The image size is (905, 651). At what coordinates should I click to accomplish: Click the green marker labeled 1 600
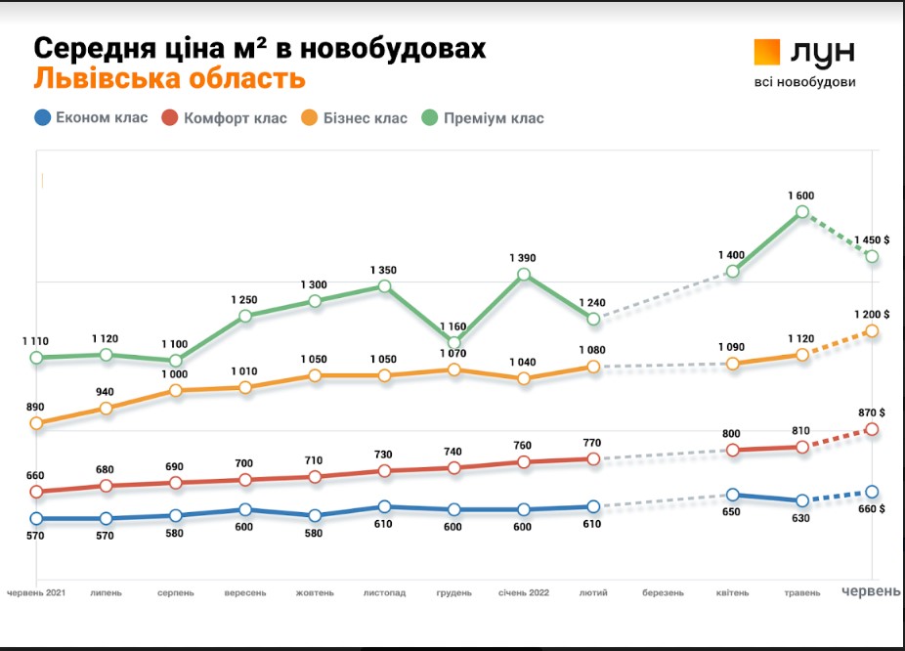point(801,212)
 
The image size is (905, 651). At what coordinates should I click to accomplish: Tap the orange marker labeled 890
point(36,423)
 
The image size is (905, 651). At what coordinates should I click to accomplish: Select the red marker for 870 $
point(872,429)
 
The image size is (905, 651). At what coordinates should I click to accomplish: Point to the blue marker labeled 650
point(732,496)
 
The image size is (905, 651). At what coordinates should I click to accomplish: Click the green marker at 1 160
point(454,342)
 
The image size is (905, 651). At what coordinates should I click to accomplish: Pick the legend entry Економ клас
point(91,118)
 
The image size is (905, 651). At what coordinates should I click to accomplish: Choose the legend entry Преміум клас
point(482,118)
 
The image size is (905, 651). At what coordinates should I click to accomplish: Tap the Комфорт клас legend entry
point(224,118)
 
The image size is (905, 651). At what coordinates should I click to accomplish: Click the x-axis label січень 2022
point(524,592)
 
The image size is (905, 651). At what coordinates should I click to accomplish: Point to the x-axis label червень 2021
point(36,592)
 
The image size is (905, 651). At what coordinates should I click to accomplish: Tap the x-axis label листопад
point(384,592)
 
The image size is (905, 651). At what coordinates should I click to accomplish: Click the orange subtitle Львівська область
point(169,78)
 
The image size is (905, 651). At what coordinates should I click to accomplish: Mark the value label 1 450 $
point(872,239)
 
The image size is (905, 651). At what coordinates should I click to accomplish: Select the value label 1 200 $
point(872,315)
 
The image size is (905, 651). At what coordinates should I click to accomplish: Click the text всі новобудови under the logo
point(804,82)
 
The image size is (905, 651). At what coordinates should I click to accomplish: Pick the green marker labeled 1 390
point(524,275)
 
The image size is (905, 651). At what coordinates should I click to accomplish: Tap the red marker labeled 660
point(36,492)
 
